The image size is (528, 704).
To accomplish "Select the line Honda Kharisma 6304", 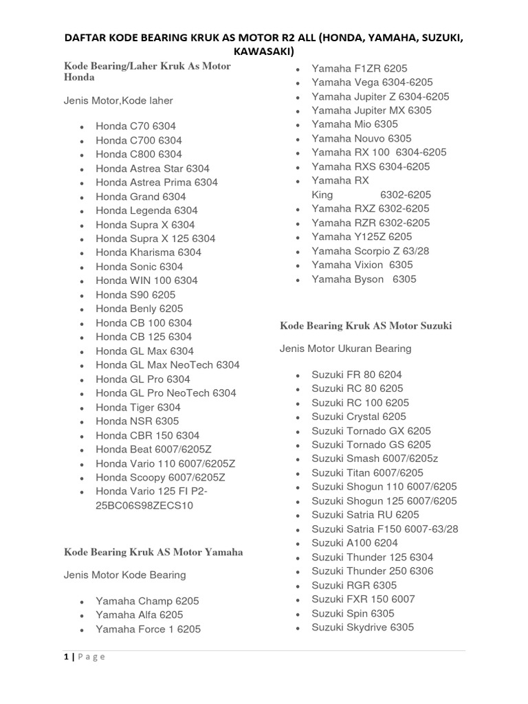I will click(x=148, y=252).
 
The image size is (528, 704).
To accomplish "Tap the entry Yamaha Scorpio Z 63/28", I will click(x=370, y=251).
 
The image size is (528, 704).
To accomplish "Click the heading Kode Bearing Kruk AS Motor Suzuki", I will click(x=366, y=325).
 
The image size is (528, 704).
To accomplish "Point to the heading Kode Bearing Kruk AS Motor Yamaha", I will click(x=153, y=552).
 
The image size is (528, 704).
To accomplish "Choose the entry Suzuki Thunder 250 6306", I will click(x=372, y=571).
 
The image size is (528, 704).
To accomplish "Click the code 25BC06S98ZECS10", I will click(x=144, y=505).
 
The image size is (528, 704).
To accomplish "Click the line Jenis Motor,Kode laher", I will click(x=118, y=100).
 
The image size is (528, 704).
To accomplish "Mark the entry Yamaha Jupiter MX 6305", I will click(x=371, y=110).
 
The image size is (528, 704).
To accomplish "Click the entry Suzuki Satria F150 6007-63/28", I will click(x=384, y=529).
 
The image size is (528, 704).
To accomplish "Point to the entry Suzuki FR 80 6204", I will click(x=357, y=375).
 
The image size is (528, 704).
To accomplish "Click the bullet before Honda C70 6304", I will click(x=82, y=126).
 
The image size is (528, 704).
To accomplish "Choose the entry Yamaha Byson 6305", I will click(x=364, y=279).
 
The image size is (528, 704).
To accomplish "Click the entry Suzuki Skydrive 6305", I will click(x=362, y=627).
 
